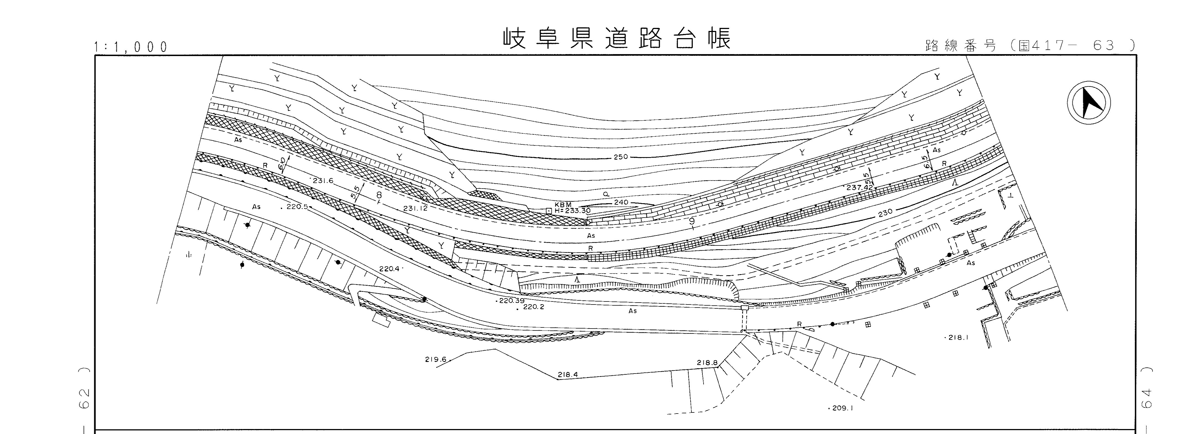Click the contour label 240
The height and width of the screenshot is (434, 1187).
pyautogui.click(x=621, y=202)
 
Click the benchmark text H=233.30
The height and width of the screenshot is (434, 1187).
pyautogui.click(x=572, y=211)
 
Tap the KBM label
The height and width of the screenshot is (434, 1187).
pyautogui.click(x=563, y=205)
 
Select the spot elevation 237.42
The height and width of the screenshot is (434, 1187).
pyautogui.click(x=859, y=187)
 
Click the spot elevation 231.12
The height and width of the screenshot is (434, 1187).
pyautogui.click(x=415, y=208)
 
